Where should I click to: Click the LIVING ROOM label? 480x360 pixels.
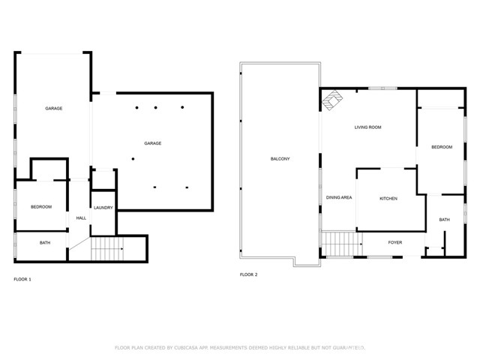tap(367, 127)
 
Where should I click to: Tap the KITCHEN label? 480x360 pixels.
tap(388, 199)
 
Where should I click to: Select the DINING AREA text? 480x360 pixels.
tap(339, 198)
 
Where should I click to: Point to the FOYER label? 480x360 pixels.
tap(394, 242)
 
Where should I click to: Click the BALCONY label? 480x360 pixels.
tap(280, 159)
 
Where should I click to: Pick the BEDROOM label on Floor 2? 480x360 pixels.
tap(442, 147)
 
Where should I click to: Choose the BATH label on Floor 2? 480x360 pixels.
tap(444, 220)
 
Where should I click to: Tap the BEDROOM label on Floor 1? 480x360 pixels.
tap(40, 206)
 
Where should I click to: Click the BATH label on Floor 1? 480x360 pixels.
tap(45, 243)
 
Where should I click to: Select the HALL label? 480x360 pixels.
tap(81, 218)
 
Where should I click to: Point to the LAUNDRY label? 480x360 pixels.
tap(103, 208)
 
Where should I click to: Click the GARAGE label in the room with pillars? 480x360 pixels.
tap(153, 143)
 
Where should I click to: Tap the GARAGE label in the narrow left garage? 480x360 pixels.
tap(53, 109)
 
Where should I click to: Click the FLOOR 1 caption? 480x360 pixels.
tap(22, 279)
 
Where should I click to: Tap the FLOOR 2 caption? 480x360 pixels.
tap(248, 275)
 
